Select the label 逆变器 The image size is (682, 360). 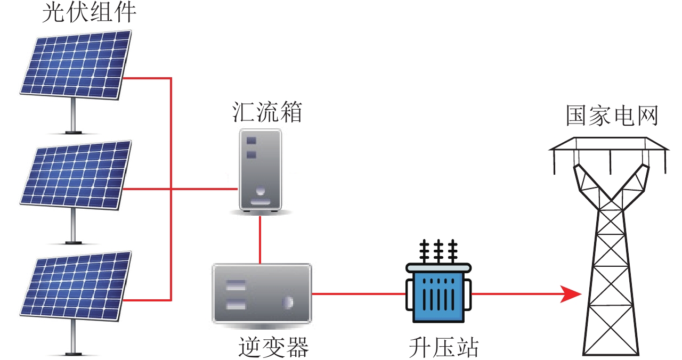[273, 348]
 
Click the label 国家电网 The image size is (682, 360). [612, 116]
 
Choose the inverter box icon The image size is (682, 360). [261, 293]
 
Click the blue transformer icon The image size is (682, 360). [439, 292]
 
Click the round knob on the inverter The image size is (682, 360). [288, 302]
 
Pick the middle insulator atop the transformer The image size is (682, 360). [439, 250]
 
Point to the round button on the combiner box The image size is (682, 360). [261, 190]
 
